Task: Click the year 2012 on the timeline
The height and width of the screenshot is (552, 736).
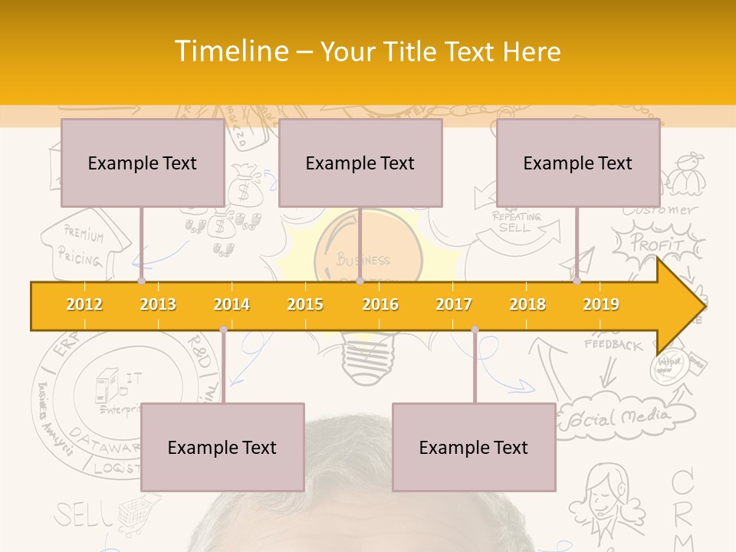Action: point(84,304)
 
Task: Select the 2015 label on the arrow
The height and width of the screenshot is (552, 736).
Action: point(305,304)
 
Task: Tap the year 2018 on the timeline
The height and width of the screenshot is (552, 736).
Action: point(527,304)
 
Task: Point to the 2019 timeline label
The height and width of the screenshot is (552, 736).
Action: point(601,304)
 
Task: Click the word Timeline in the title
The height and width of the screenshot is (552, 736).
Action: point(230,51)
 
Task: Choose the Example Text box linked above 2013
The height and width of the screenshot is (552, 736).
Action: point(143,163)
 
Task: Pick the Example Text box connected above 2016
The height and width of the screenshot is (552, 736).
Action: point(360,163)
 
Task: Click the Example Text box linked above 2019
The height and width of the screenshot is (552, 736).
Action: point(578,163)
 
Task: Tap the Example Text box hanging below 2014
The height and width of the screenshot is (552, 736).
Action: point(222,447)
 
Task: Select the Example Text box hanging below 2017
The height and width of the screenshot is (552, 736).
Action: point(474,447)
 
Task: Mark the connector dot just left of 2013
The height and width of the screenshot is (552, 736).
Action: point(141,281)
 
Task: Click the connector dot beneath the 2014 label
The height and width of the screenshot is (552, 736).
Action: point(223,330)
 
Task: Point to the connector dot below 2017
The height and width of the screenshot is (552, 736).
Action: point(475,330)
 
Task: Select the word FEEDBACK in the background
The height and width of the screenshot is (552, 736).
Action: point(613,345)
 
